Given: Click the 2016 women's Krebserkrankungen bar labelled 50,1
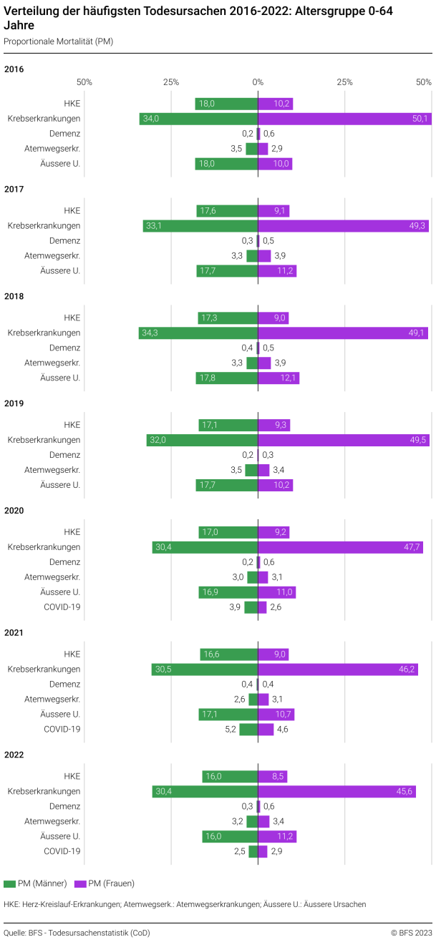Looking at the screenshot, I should click(x=344, y=119).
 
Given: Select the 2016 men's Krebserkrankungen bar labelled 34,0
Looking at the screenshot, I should click(x=198, y=119).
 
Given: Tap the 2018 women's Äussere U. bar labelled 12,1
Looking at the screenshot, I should click(x=278, y=378).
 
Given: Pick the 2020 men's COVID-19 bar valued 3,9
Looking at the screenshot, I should click(x=251, y=607).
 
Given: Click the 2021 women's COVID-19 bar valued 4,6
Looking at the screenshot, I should click(x=266, y=730).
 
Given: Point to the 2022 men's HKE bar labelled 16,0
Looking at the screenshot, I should click(x=230, y=777).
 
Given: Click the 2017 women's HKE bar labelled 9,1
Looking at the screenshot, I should click(x=273, y=211).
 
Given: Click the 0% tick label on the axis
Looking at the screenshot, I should click(x=258, y=82).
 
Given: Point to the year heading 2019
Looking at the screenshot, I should click(x=14, y=403).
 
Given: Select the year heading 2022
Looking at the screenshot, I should click(x=14, y=755).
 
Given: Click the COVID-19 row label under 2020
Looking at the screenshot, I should click(x=62, y=607).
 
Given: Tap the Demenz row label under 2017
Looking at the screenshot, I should click(x=64, y=241).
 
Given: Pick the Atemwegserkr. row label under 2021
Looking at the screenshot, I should click(x=52, y=700).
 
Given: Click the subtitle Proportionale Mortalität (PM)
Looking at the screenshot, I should click(x=58, y=41).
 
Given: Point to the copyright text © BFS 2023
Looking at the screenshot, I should click(x=411, y=933).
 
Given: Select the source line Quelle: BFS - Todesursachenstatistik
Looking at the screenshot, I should click(x=77, y=933).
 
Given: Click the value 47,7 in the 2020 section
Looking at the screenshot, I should click(x=412, y=547).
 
